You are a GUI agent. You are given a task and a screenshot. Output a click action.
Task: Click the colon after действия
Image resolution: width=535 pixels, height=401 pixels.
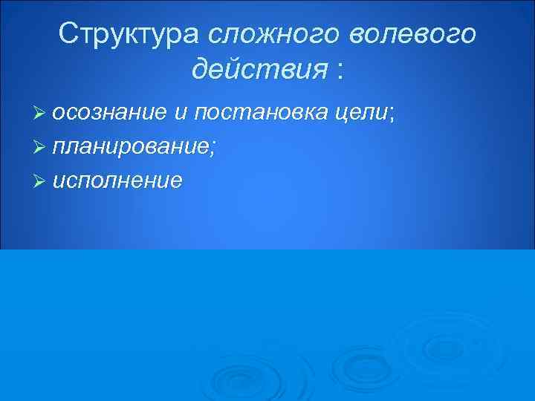coord(340,72)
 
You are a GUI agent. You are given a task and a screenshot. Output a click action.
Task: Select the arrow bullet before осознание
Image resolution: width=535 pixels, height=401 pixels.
coord(42,113)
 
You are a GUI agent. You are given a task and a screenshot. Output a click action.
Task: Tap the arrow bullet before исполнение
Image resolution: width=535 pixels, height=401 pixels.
coord(42,181)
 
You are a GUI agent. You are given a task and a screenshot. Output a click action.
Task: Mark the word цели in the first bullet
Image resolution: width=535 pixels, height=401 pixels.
coord(367,114)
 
